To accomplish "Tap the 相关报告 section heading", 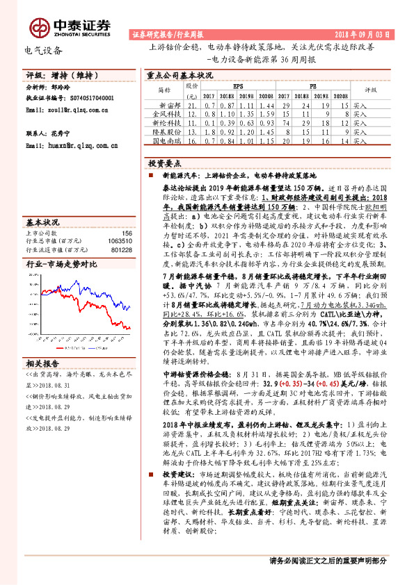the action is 43,363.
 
